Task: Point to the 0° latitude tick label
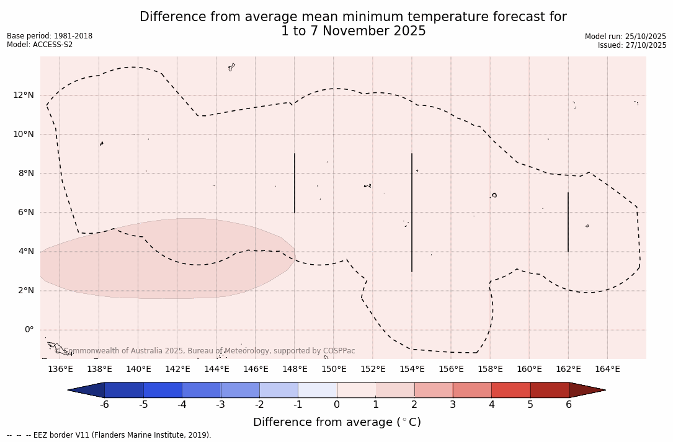(29, 330)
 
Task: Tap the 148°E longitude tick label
(295, 369)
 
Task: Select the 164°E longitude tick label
(607, 369)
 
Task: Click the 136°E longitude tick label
(60, 369)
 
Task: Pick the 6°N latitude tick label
(25, 213)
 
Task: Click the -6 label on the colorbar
(104, 405)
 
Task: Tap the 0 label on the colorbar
(337, 405)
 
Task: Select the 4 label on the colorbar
(491, 405)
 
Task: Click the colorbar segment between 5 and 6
(550, 390)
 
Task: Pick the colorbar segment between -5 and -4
(163, 390)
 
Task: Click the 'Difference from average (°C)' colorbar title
(337, 422)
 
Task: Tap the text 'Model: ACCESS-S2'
(40, 45)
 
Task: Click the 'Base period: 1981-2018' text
(50, 36)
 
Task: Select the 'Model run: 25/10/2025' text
(625, 37)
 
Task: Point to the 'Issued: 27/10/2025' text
(632, 45)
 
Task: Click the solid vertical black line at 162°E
(568, 222)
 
